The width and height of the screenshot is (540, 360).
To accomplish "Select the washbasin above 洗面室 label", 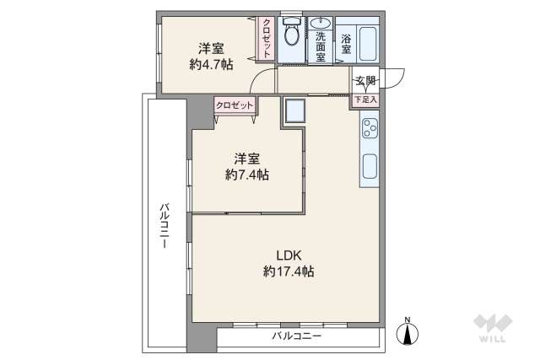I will pos(321,24).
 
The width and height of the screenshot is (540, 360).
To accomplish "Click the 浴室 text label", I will pos(347,44).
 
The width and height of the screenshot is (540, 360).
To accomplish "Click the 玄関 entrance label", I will pos(364,81).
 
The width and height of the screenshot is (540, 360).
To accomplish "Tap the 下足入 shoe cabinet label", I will pos(364,99).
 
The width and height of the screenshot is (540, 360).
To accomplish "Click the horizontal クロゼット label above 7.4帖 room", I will pos(234,105).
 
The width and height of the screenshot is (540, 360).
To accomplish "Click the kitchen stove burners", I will pos(370,129).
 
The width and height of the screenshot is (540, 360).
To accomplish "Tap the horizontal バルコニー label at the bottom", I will pos(296,336).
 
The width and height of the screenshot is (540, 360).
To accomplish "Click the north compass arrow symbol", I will pos(408,333).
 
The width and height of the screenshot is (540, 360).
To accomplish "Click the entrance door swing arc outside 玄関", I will pos(396,78).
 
